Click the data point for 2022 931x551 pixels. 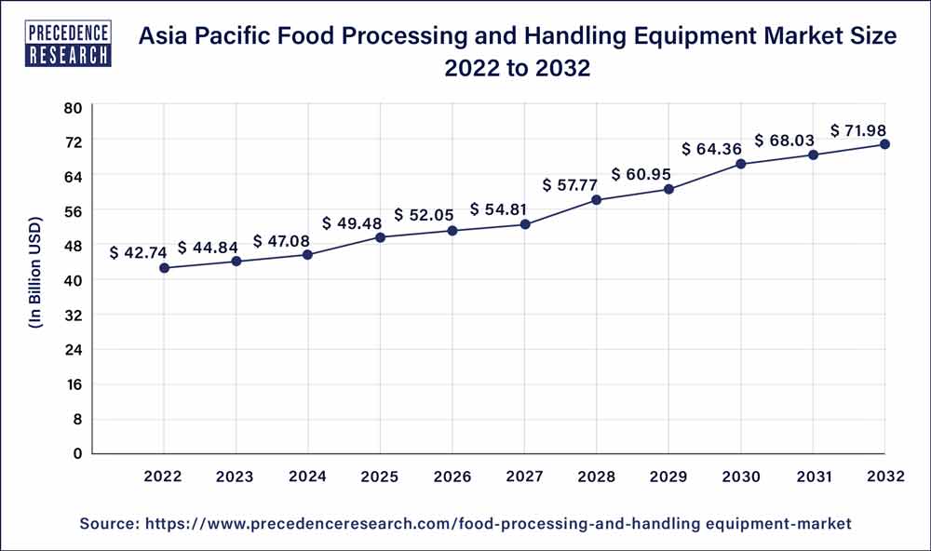pos(164,268)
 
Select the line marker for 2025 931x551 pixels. pos(381,237)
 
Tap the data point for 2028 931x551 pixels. pos(597,200)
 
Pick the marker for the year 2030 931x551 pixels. pos(741,164)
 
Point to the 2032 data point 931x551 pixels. pos(884,144)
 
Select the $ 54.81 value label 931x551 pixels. pos(501,208)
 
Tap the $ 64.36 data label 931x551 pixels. pos(712,148)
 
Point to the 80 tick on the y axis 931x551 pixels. pos(74,107)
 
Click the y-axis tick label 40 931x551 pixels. pos(74,280)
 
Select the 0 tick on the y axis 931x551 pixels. pos(78,453)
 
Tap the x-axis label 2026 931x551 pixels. pos(452,477)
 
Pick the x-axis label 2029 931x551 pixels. pos(668,477)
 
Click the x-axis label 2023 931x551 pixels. pos(236,477)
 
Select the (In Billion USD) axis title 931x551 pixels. pos(36,279)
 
